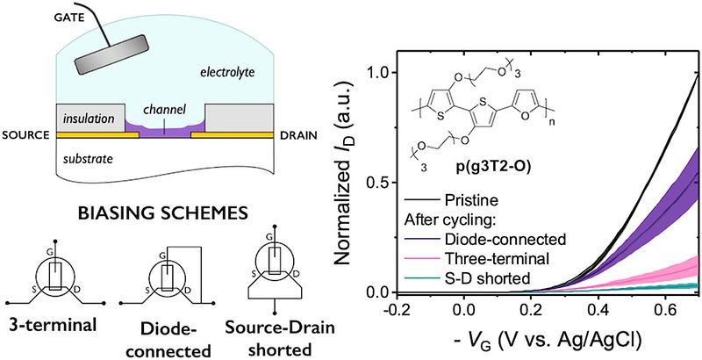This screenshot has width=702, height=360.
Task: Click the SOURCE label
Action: [x=27, y=136]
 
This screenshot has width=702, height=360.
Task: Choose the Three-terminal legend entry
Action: [x=500, y=259]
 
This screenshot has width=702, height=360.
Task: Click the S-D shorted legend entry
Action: [x=491, y=279]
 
